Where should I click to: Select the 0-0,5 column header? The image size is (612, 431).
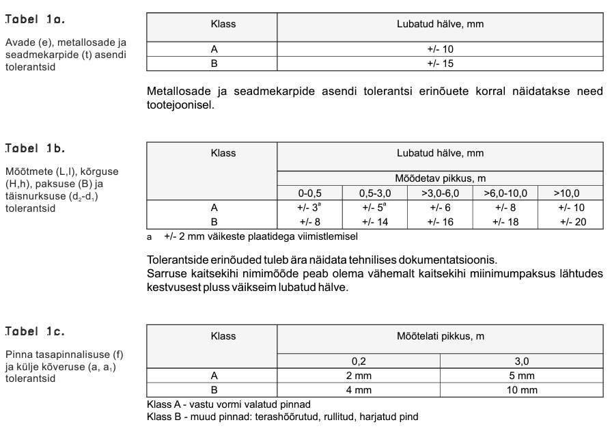pos(309,193)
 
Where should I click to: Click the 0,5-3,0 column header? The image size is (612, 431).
pos(375,193)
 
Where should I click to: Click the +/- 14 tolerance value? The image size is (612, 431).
pos(375,221)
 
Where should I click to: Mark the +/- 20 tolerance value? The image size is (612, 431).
pos(571,221)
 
